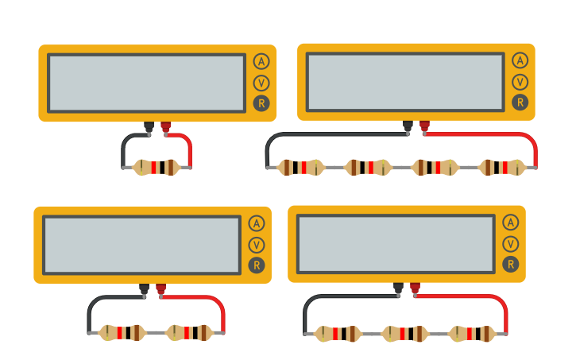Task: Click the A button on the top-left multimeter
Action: [261, 61]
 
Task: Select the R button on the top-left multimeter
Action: [261, 103]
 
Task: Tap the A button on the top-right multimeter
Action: [520, 60]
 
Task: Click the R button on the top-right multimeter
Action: [520, 102]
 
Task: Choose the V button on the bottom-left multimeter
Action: [256, 245]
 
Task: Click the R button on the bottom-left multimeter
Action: [256, 265]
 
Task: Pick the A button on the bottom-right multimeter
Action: [511, 223]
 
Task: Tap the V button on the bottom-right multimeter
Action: [511, 244]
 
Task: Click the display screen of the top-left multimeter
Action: [146, 83]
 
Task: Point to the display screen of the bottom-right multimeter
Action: [396, 243]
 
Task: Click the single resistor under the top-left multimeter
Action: [157, 167]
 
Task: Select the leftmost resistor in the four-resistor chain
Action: [300, 167]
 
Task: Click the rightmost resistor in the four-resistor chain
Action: [502, 167]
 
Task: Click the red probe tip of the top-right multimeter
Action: [424, 127]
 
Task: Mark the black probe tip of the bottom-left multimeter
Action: [144, 291]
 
